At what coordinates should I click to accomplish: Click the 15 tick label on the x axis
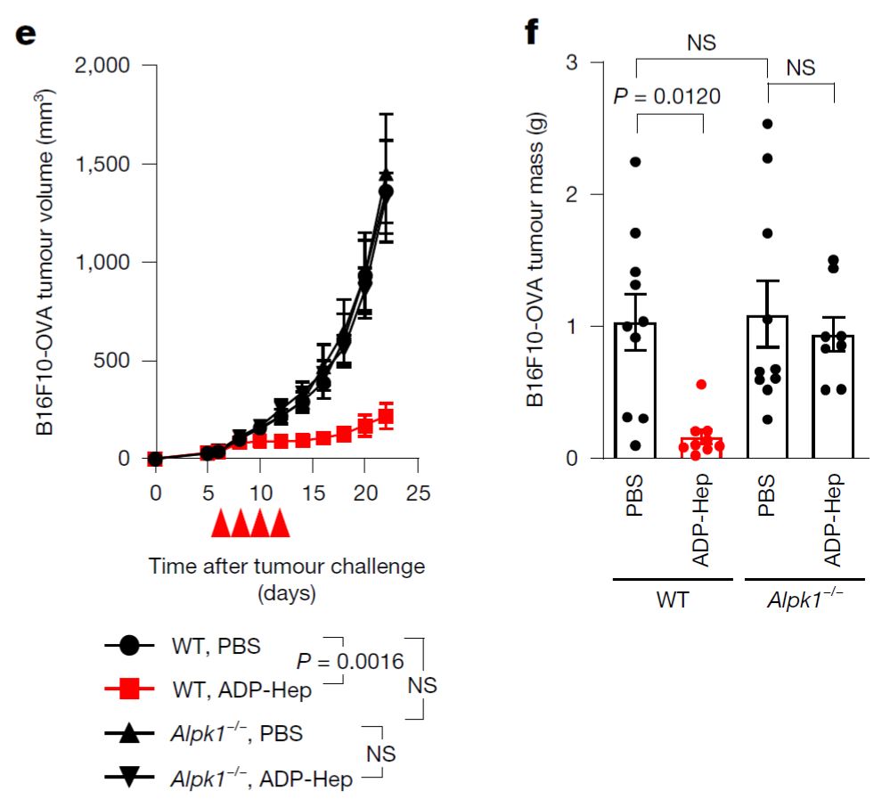coord(313,492)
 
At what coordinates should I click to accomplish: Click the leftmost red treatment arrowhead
coord(220,525)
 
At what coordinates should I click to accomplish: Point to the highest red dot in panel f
coord(702,385)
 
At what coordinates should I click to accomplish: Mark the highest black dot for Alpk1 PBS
coord(766,124)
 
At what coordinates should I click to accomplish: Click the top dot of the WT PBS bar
coord(635,162)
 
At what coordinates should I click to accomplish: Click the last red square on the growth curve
coord(386,415)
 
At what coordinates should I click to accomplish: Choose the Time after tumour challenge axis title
coord(287,567)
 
